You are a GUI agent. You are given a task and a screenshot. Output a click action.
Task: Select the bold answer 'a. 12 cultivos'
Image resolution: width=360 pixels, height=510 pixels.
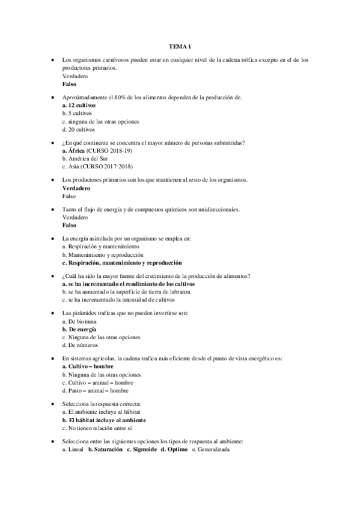[x=79, y=105]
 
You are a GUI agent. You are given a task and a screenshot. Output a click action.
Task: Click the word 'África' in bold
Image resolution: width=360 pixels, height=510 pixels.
[x=77, y=150]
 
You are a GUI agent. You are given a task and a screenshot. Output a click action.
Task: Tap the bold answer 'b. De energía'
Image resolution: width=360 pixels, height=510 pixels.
[x=79, y=329]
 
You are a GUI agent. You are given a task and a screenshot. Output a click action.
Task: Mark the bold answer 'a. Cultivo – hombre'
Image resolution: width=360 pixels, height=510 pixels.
[x=88, y=366]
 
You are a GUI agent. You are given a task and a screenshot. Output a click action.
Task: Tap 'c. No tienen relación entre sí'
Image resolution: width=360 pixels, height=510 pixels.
[x=97, y=428]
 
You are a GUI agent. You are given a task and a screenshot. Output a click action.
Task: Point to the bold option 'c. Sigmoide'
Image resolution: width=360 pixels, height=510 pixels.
[x=142, y=449]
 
